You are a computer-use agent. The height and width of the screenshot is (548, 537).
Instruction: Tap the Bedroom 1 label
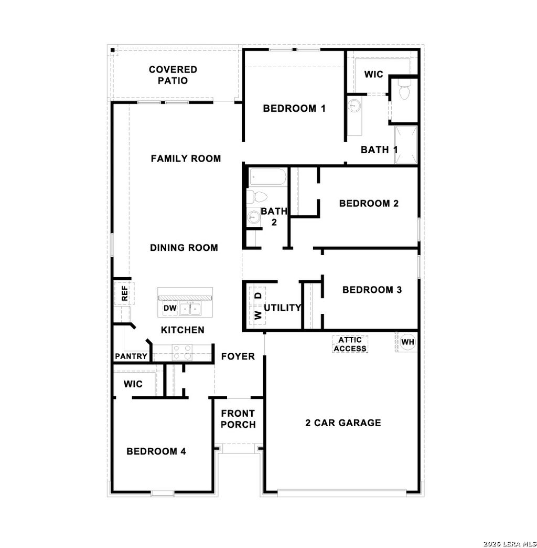coord(294,109)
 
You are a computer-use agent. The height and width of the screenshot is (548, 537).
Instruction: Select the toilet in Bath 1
coord(404,92)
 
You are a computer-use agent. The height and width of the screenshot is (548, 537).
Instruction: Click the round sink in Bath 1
coord(354,106)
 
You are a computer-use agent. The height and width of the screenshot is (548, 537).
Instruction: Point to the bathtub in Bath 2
coord(267,177)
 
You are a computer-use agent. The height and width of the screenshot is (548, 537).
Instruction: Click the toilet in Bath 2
coord(257,197)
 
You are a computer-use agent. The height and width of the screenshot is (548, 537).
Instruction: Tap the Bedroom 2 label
coord(369,203)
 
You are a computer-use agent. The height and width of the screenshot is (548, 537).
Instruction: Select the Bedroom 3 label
coord(372,289)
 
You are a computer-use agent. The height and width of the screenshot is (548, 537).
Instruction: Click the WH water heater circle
coord(407,342)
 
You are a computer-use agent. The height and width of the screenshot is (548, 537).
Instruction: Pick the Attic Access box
coord(350,344)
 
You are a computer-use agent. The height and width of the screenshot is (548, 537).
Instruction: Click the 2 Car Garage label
coord(343,423)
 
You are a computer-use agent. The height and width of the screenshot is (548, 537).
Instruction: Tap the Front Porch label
coord(238,419)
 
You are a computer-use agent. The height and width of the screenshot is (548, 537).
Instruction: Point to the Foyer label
coord(238,356)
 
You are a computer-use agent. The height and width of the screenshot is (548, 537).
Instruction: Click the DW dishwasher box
coord(169,308)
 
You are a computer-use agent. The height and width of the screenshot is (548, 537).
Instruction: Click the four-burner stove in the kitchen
coord(182,352)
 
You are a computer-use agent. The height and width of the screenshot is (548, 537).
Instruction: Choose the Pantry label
coord(131,356)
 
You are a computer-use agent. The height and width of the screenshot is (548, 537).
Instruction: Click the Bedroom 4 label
coord(156,451)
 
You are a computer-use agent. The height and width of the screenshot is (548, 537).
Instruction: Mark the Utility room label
coord(283,308)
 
